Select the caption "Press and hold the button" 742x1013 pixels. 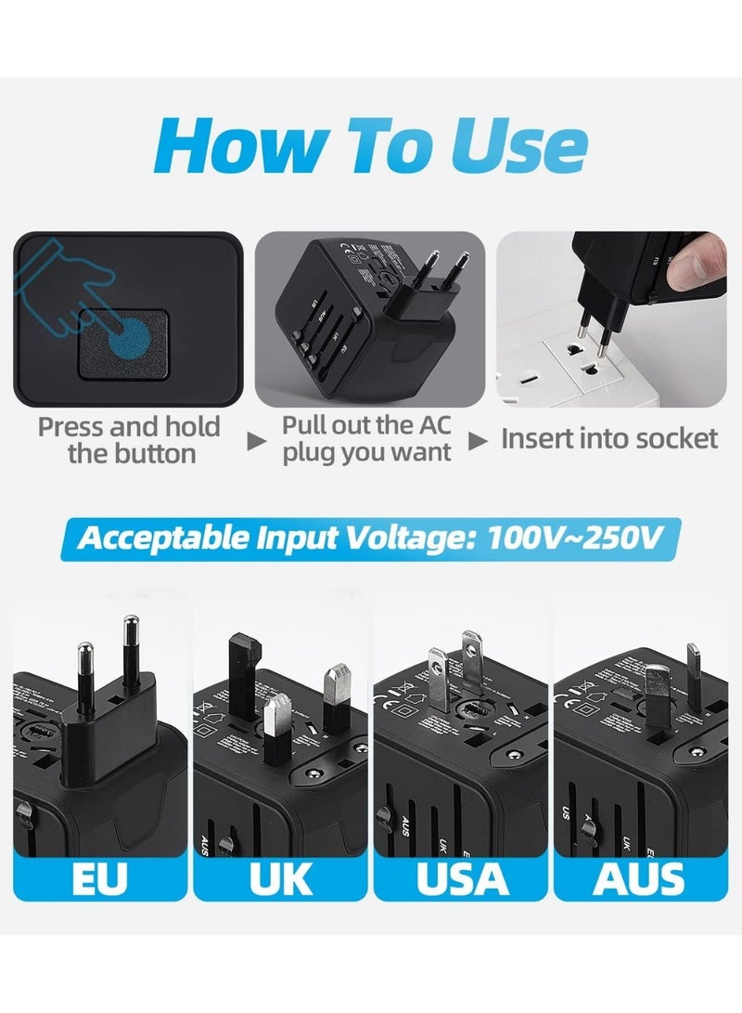(x=129, y=440)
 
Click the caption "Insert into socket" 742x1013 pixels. (x=609, y=439)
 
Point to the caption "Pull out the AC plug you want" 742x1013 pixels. (x=367, y=439)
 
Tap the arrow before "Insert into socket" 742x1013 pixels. (x=478, y=442)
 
